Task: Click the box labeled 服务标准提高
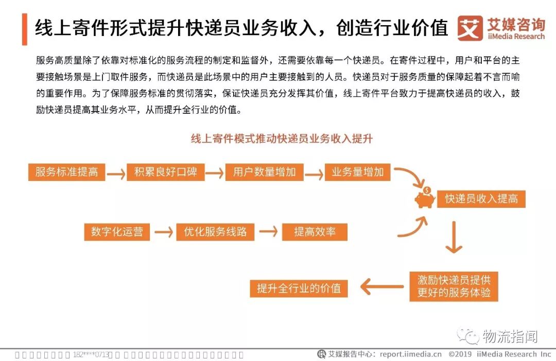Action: coord(66,172)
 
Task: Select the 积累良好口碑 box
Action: coord(166,172)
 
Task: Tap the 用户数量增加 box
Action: coord(264,172)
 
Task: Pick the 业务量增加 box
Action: coord(358,172)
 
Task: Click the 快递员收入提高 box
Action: coord(481,199)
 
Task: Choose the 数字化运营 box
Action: coord(117,232)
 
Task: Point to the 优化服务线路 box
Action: coord(215,232)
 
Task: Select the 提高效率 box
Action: coord(315,232)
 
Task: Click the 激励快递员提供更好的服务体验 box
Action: coord(454,286)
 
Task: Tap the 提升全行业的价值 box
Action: coord(299,288)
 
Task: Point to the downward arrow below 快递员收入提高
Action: coord(454,237)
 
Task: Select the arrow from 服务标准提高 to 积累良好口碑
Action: coord(116,174)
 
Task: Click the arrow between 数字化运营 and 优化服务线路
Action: coord(163,232)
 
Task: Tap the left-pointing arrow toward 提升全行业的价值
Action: coord(381,287)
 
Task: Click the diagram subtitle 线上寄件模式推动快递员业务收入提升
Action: coord(282,139)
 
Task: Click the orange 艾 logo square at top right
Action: coord(470,28)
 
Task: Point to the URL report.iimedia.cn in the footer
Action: coord(410,354)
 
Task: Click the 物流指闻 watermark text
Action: coord(510,336)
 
